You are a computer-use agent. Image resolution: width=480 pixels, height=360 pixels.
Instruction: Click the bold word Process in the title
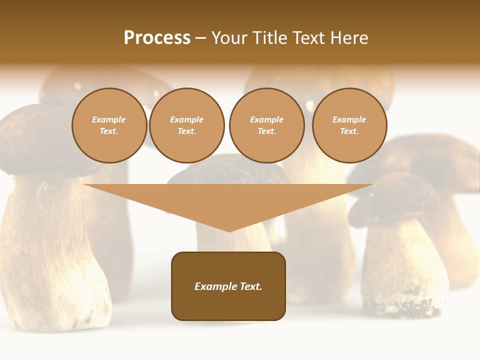click(x=157, y=38)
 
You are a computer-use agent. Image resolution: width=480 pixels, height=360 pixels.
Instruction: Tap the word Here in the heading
click(x=349, y=38)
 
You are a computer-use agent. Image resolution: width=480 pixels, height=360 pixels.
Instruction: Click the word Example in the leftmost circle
click(x=109, y=119)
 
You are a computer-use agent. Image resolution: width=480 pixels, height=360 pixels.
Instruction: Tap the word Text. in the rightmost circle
click(x=349, y=131)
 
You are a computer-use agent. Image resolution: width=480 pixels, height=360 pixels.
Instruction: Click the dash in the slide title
click(x=201, y=38)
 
